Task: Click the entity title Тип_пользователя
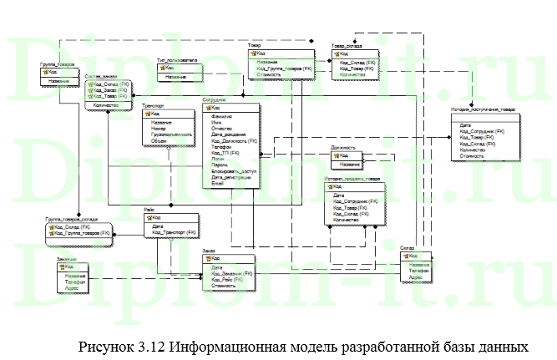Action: click(x=177, y=60)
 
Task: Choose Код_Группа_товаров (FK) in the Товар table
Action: click(x=285, y=68)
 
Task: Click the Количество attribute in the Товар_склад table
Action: click(x=352, y=74)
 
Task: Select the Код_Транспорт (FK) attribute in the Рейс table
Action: click(x=174, y=232)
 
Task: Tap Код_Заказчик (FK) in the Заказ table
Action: click(x=235, y=273)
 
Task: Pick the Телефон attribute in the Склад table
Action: click(x=420, y=272)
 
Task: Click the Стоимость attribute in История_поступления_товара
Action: click(x=472, y=155)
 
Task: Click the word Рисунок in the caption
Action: click(x=104, y=344)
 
